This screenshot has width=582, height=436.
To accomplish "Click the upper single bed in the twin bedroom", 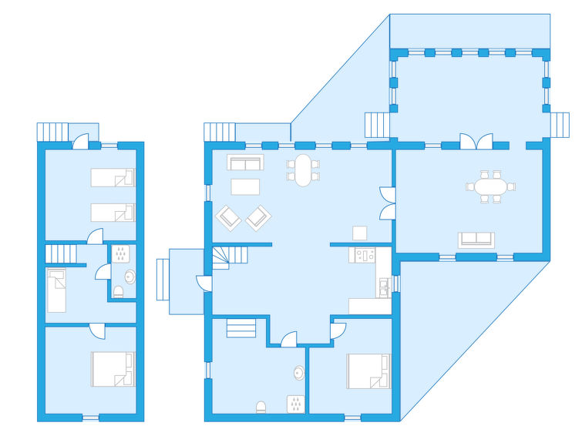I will [x=113, y=178].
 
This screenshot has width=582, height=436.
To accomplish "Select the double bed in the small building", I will [x=113, y=369].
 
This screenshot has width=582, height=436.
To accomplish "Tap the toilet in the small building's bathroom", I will [x=118, y=292].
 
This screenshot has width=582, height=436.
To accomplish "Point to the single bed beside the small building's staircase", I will [x=56, y=290].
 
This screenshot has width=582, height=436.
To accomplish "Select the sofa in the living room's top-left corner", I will [x=245, y=163].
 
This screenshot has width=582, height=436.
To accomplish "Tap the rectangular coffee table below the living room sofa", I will [x=245, y=186].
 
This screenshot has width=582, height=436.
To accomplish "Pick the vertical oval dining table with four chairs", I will [x=303, y=170].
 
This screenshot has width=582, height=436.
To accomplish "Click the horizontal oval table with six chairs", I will [x=490, y=187].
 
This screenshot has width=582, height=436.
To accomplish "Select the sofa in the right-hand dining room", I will [x=476, y=240].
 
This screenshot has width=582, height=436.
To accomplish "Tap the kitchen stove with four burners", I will [x=363, y=254].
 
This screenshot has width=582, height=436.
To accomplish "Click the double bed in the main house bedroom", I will [x=368, y=371].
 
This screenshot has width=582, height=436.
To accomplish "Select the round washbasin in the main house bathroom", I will [x=298, y=373].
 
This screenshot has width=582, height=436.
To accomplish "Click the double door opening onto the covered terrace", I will [x=476, y=142].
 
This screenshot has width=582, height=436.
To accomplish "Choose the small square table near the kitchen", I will [x=359, y=233].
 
